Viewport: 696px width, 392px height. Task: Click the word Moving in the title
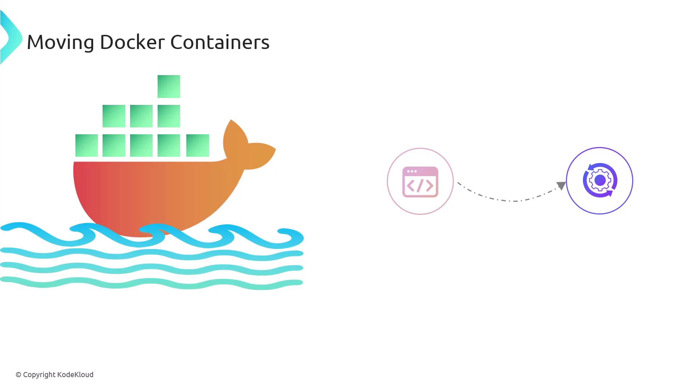coord(61,42)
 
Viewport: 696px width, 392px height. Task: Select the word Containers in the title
coord(220,42)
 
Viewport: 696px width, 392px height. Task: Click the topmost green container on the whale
coord(169,86)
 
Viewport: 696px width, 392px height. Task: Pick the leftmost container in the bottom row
coord(87,146)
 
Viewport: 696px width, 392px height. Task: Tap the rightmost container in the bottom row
coord(198,146)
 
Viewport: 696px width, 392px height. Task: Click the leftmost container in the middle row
coord(114,116)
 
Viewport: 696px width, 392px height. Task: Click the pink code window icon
coord(420,182)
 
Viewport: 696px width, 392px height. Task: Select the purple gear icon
coord(600,180)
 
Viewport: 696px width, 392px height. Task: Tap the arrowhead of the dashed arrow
coord(562,185)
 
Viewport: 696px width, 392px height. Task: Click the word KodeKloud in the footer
coord(75,375)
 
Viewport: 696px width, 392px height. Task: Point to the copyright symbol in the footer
coord(18,375)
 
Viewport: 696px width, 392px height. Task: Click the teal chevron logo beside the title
coord(11,37)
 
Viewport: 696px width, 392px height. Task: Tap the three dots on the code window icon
coord(412,171)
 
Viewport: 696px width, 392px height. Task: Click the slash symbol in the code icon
coord(420,185)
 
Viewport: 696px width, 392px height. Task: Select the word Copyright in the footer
coord(39,375)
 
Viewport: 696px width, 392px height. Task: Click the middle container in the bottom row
coord(141,146)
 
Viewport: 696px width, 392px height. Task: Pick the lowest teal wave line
coord(152,283)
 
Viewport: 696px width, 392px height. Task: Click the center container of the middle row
coord(141,116)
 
